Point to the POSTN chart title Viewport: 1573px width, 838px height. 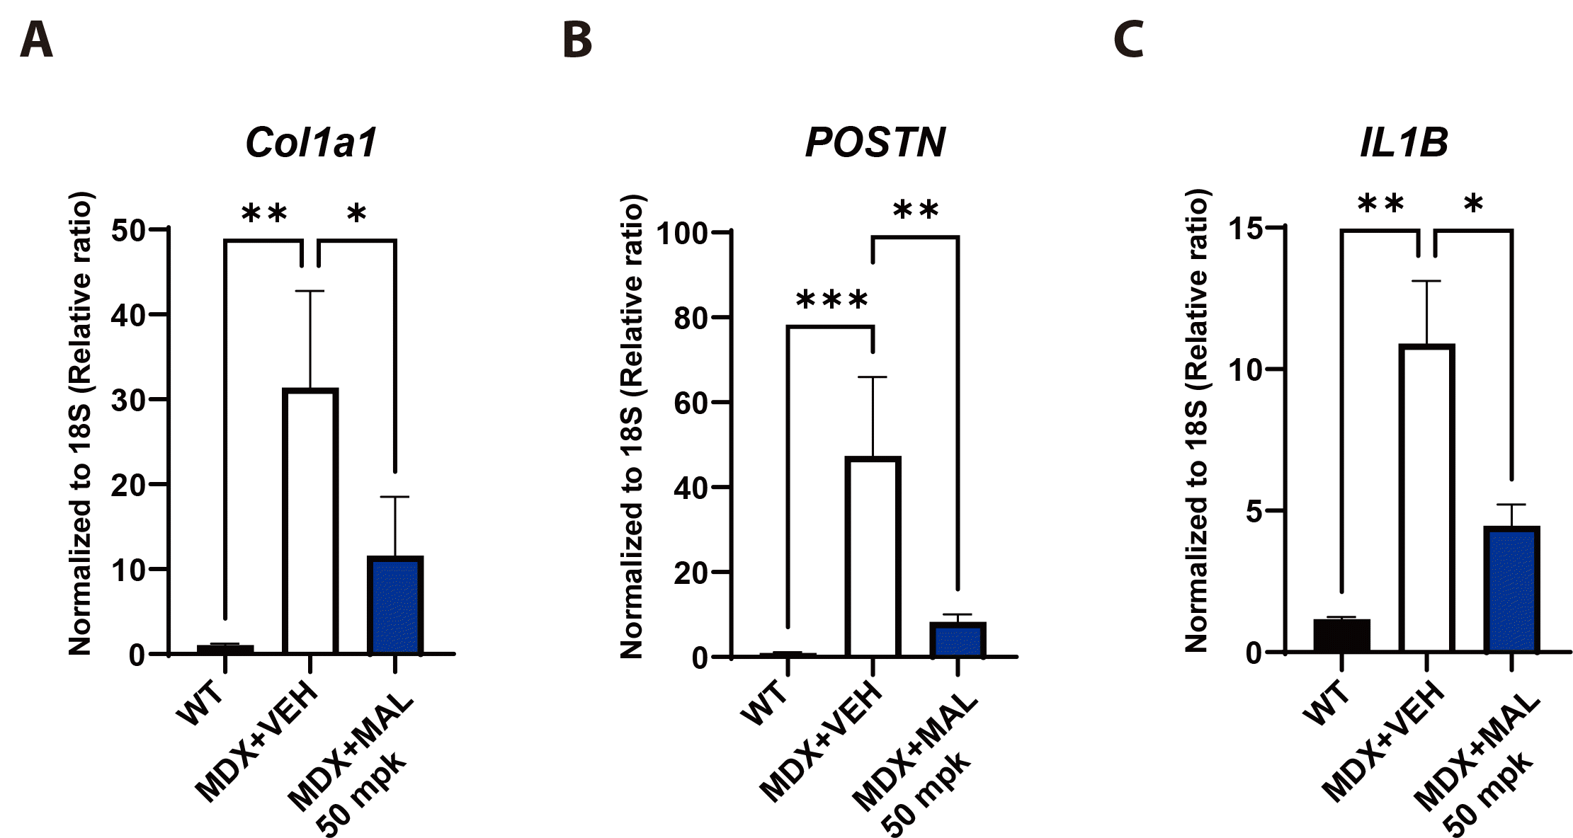[x=875, y=142]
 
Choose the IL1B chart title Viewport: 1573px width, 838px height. [x=1404, y=142]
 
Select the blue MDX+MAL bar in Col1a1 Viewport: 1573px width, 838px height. [x=395, y=605]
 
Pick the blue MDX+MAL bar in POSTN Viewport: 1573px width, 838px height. [x=958, y=640]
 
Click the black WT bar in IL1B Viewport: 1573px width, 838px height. [x=1341, y=635]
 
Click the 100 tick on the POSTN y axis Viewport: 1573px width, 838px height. [x=683, y=233]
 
